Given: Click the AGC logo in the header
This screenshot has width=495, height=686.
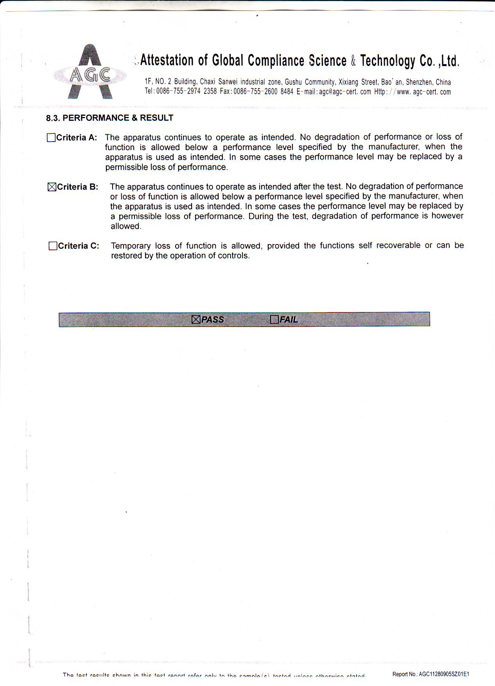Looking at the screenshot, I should click(x=90, y=72).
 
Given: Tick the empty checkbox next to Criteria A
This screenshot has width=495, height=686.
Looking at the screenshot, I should click(x=51, y=138).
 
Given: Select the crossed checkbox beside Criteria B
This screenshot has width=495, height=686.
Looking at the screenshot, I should click(x=52, y=187).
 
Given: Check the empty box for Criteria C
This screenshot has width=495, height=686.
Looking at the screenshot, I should click(x=53, y=246).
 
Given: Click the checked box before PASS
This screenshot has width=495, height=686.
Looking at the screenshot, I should click(x=196, y=320).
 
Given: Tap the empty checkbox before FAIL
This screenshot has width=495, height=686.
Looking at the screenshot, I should click(x=274, y=320).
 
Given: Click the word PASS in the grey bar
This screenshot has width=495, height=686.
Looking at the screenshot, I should click(x=213, y=320).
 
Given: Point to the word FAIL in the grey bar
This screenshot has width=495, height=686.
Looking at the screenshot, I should click(x=289, y=320).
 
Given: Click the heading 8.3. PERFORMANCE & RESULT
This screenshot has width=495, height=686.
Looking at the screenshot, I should click(x=109, y=118).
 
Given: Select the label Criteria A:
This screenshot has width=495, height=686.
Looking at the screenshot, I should click(x=77, y=138).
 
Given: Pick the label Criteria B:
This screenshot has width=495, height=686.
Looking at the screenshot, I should click(x=78, y=187).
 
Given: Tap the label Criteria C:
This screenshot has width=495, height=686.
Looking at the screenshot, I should click(x=79, y=246).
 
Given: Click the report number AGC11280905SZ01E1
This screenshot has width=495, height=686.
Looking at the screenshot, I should click(x=444, y=674).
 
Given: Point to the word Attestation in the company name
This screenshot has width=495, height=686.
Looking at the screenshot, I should click(x=167, y=60).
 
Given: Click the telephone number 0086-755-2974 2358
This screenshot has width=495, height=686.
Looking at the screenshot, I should click(x=187, y=92).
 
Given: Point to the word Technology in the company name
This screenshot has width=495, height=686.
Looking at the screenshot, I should click(x=388, y=61).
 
